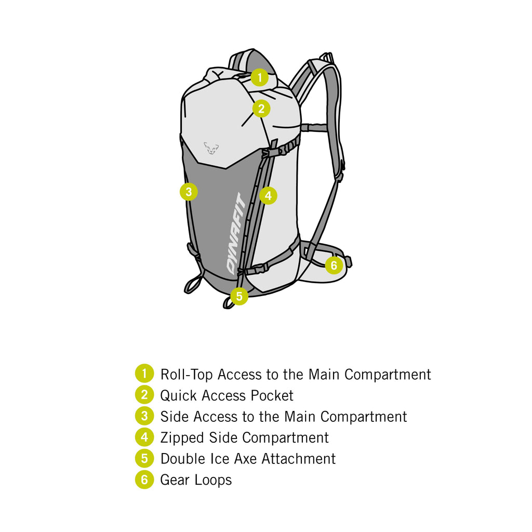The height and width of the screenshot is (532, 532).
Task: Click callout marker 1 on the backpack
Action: coord(259,78)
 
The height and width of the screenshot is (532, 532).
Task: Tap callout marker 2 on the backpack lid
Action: coord(261,109)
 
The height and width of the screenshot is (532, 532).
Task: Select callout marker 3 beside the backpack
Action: coord(189,192)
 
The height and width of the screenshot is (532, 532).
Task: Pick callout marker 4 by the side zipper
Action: coord(268,196)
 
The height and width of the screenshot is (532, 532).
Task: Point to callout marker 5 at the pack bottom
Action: coord(239,296)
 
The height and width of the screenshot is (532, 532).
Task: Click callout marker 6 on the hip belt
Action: coord(334,265)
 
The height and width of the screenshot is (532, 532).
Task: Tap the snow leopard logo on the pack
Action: coord(211,148)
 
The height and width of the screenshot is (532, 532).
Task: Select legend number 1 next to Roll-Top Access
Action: coord(144,374)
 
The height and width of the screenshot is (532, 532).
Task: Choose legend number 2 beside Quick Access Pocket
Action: coord(144,395)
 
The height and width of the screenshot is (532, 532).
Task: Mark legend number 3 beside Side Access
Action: coord(144,416)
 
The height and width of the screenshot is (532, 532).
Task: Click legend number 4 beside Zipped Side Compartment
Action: coord(144,437)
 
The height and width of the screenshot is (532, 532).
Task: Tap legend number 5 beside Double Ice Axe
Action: coord(144,458)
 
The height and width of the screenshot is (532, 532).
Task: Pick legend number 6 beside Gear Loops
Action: coord(144,479)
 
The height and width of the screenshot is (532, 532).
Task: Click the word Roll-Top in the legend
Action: coord(187,374)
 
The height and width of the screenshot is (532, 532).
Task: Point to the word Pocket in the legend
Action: coord(272,395)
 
